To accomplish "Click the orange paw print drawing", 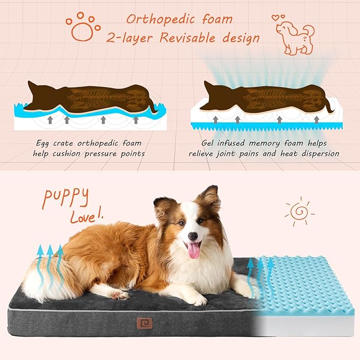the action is pyautogui.click(x=83, y=27).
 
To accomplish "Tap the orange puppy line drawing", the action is pyautogui.click(x=295, y=38).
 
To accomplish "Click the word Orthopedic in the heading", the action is pyautogui.click(x=161, y=20).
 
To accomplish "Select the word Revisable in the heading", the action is pyautogui.click(x=188, y=38).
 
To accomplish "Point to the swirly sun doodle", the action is pyautogui.click(x=300, y=212).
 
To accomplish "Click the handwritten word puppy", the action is pyautogui.click(x=66, y=197).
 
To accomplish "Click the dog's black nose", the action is pyautogui.click(x=193, y=236).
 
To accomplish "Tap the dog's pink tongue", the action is pyautogui.click(x=194, y=250).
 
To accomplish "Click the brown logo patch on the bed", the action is pyautogui.click(x=144, y=323).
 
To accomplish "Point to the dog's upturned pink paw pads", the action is pyautogui.click(x=119, y=295).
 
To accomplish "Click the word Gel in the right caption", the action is pyautogui.click(x=207, y=143).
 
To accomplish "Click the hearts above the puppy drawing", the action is pyautogui.click(x=278, y=17).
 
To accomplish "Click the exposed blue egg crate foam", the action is pyautogui.click(x=303, y=285).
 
